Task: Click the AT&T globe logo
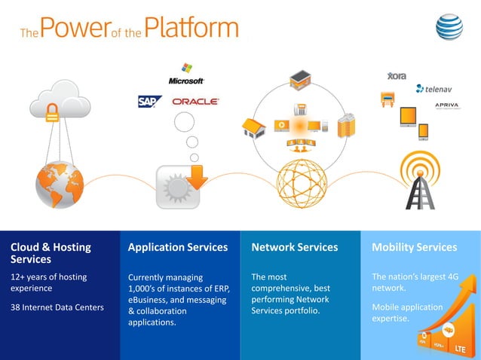450,28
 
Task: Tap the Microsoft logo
186,74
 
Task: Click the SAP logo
149,101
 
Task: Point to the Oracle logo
195,101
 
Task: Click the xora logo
397,76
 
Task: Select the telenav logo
434,88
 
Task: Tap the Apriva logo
447,105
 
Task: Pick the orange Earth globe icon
59,183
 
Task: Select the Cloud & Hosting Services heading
51,252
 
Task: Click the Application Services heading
177,247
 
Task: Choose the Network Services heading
294,247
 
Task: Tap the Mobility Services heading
414,247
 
